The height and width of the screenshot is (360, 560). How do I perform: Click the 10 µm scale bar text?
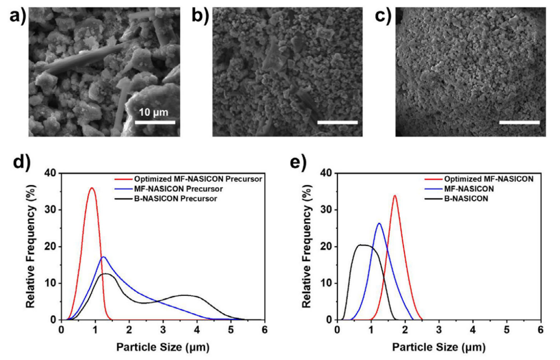tap(154, 112)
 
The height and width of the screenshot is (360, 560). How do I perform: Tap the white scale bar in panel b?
tap(337, 122)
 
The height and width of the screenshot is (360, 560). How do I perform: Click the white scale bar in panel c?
tap(519, 122)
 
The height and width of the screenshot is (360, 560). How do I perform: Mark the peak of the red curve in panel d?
tap(92, 188)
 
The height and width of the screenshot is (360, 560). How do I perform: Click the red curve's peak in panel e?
tap(395, 195)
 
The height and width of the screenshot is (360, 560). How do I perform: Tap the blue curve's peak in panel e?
tap(379, 224)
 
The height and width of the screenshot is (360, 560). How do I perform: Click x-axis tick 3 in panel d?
tap(163, 329)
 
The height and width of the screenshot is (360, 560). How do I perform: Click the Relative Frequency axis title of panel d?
tap(31, 246)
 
